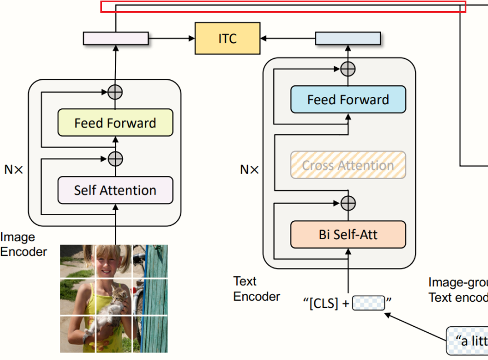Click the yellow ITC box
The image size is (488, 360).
pyautogui.click(x=227, y=38)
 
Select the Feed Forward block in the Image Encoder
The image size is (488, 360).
pyautogui.click(x=115, y=123)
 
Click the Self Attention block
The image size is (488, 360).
pyautogui.click(x=115, y=190)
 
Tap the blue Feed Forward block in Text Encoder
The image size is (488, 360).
pyautogui.click(x=348, y=100)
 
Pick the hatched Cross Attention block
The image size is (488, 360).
pyautogui.click(x=348, y=165)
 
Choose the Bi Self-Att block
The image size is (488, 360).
pyautogui.click(x=348, y=235)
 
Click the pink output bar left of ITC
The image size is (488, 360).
pyautogui.click(x=116, y=38)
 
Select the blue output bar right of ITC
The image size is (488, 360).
pyautogui.click(x=348, y=38)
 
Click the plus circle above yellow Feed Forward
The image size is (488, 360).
pyautogui.click(x=115, y=92)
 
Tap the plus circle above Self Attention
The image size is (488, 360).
pyautogui.click(x=115, y=159)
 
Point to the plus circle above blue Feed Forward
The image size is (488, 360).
pyautogui.click(x=348, y=69)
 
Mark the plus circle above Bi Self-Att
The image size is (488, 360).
pyautogui.click(x=348, y=203)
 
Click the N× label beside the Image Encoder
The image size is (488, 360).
pyautogui.click(x=14, y=170)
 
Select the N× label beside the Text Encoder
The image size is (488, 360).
pyautogui.click(x=249, y=170)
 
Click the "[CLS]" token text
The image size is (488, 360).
pyautogui.click(x=321, y=304)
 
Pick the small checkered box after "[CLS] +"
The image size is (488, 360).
pyautogui.click(x=368, y=303)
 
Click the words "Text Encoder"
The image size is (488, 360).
pyautogui.click(x=256, y=289)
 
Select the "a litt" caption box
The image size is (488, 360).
pyautogui.click(x=467, y=340)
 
